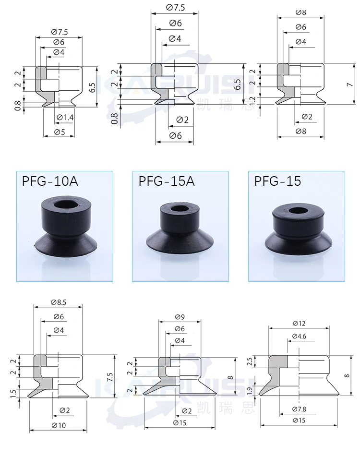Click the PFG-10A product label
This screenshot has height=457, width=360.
click(x=50, y=181)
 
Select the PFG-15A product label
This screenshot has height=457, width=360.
click(x=166, y=181)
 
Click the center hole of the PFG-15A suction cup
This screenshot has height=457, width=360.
click(x=178, y=209)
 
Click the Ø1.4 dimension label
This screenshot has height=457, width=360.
click(x=65, y=117)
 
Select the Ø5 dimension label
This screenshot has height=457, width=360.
click(x=60, y=132)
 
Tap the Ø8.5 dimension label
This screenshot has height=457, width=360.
click(x=59, y=302)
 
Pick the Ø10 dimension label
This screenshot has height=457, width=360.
click(x=59, y=425)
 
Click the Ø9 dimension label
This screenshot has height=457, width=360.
click(x=180, y=317)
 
